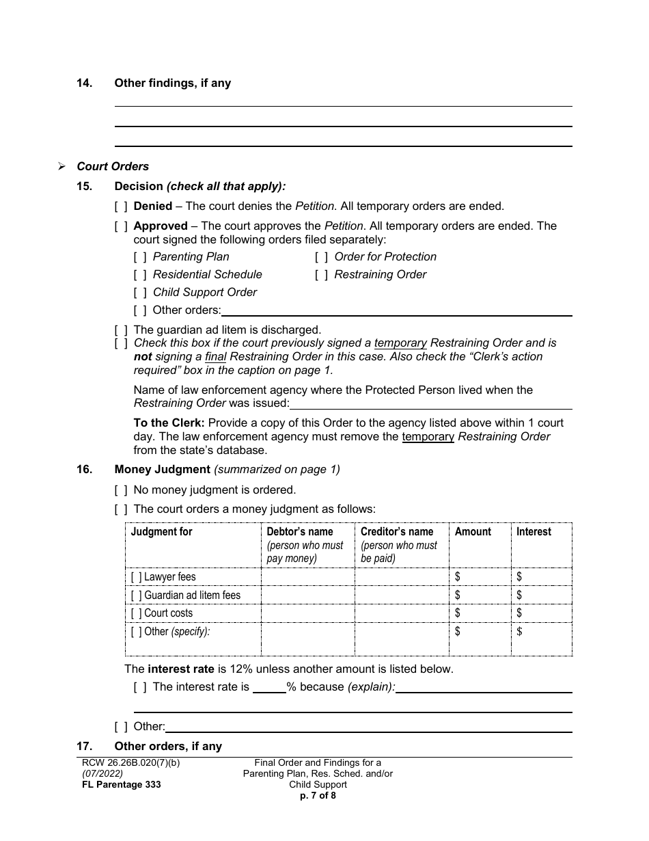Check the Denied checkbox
tap(121, 206)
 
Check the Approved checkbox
tap(121, 226)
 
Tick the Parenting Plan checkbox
tap(140, 257)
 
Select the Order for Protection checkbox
tap(322, 257)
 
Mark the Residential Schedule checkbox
tap(140, 275)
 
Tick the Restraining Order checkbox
tap(322, 275)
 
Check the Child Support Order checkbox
tap(140, 293)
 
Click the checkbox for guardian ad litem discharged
tap(121, 330)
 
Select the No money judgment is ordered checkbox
tap(121, 490)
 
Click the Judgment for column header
tap(162, 532)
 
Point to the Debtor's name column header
tap(299, 532)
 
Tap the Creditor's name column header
tap(397, 532)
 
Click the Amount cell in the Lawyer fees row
tap(480, 577)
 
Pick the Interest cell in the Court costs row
tap(542, 613)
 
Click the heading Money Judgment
tap(163, 470)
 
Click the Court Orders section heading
tap(113, 167)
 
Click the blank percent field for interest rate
tap(269, 687)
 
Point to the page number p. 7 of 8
tap(318, 795)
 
